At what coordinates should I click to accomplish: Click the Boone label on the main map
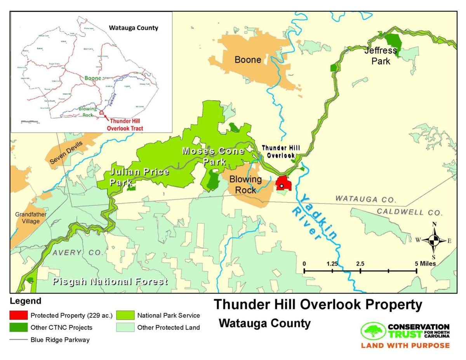pyautogui.click(x=247, y=60)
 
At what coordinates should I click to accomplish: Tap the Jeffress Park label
pyautogui.click(x=381, y=56)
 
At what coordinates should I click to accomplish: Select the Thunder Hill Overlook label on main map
pyautogui.click(x=278, y=151)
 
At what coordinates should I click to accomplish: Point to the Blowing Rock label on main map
pyautogui.click(x=245, y=184)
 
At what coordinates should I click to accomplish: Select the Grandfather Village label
pyautogui.click(x=28, y=218)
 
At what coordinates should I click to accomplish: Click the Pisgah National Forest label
pyautogui.click(x=110, y=282)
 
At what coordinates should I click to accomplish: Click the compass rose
pyautogui.click(x=434, y=240)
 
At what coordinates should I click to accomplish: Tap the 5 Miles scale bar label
pyautogui.click(x=426, y=264)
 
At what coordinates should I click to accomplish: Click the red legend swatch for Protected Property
pyautogui.click(x=19, y=315)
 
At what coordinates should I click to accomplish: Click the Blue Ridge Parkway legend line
pyautogui.click(x=19, y=340)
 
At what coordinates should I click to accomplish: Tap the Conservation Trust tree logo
pyautogui.click(x=374, y=331)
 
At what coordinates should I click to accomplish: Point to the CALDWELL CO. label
pyautogui.click(x=409, y=212)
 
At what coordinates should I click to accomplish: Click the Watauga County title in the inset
pyautogui.click(x=133, y=28)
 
